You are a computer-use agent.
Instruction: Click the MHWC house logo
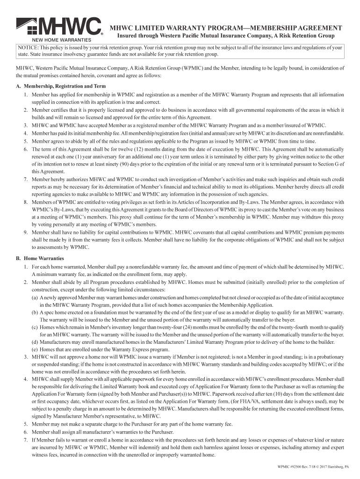(58, 27)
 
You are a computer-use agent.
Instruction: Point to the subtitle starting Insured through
(225, 36)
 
